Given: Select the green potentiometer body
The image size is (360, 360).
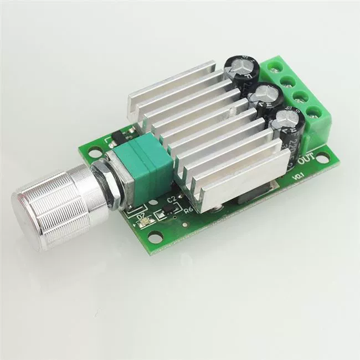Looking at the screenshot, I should (x=146, y=160).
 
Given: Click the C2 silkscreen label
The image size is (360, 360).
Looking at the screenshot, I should (x=171, y=199).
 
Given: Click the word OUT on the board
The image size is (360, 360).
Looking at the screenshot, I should (x=308, y=160).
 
